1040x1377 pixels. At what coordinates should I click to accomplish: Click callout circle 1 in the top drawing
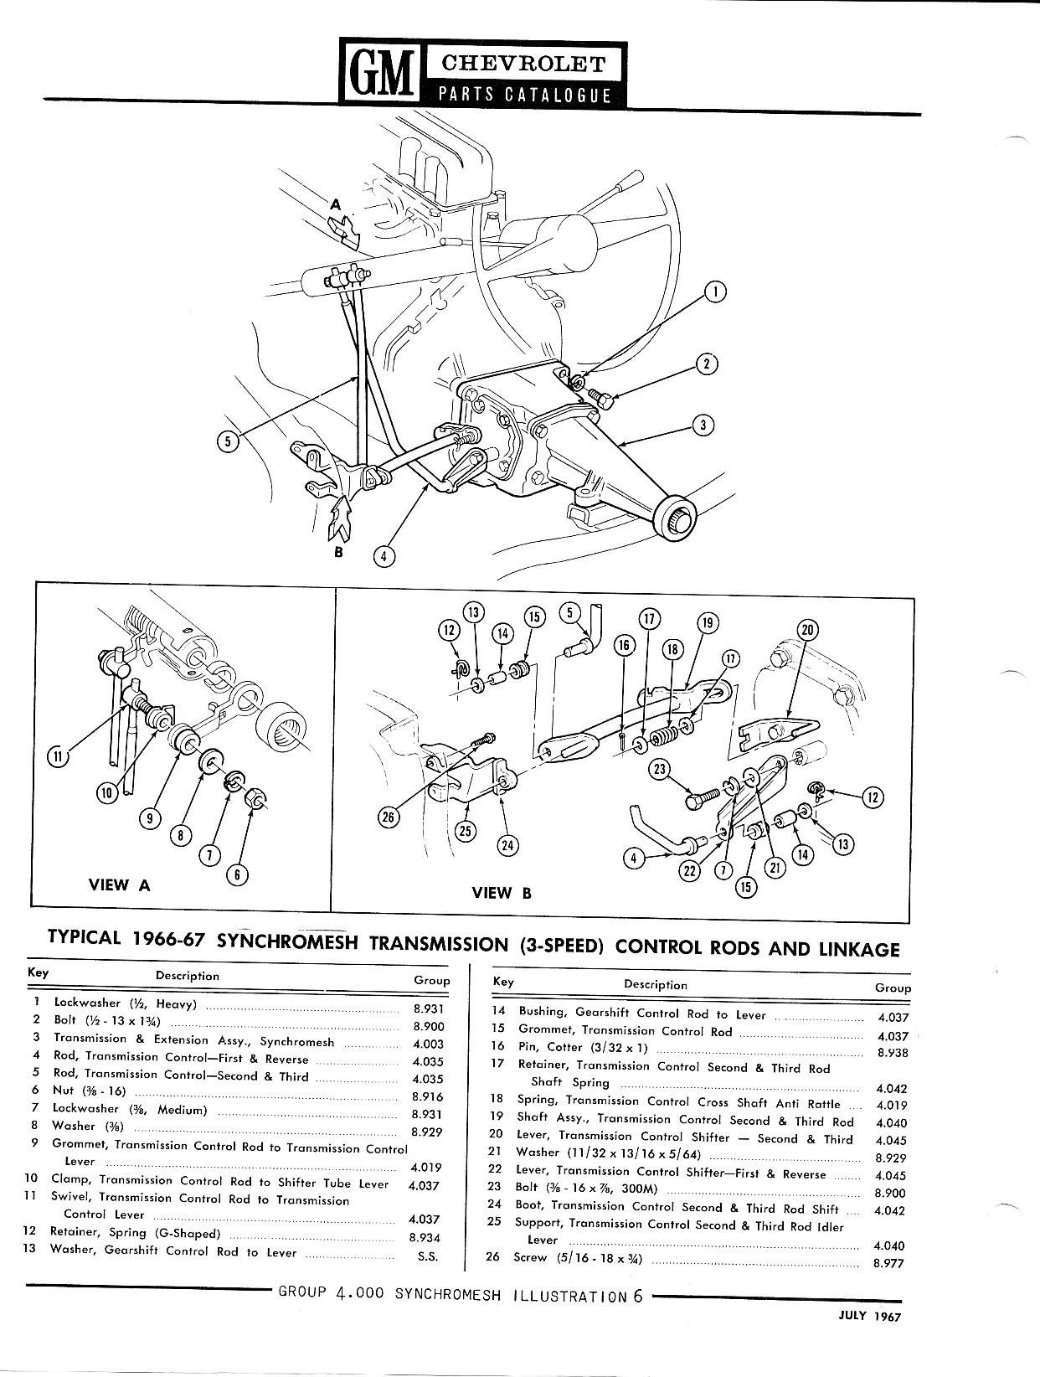[x=714, y=291]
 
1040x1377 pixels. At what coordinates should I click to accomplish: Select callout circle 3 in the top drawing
[x=703, y=425]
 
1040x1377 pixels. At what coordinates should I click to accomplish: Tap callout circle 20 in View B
[x=808, y=630]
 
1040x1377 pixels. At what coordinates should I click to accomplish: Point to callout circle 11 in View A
[x=57, y=757]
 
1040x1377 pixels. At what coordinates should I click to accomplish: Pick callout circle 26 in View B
[x=389, y=818]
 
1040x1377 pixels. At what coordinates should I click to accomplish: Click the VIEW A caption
[x=120, y=884]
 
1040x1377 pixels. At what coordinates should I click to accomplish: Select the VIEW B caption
[x=502, y=892]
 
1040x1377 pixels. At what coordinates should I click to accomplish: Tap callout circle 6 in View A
[x=238, y=875]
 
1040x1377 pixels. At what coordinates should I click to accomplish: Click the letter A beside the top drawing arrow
[x=336, y=204]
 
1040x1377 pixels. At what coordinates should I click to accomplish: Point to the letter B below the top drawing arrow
[x=340, y=552]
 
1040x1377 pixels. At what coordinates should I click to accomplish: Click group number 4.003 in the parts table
[x=428, y=1044]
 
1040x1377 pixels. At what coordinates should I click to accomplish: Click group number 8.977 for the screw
[x=888, y=1264]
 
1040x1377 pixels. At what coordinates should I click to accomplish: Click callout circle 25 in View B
[x=466, y=830]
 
